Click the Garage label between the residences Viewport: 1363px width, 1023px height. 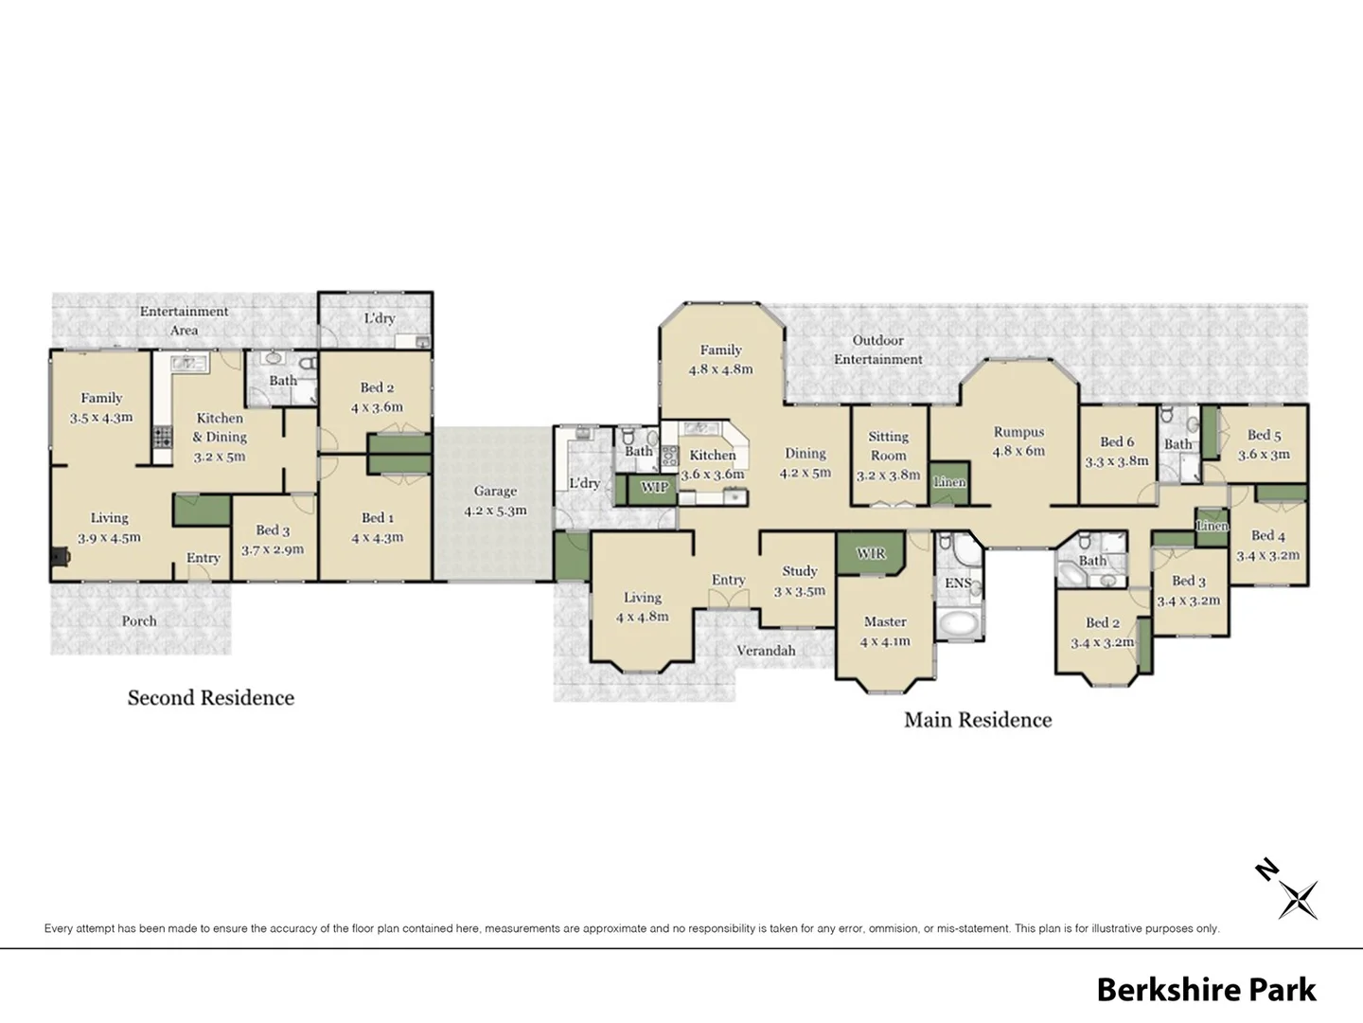(x=495, y=492)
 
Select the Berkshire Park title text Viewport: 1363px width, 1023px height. (x=1206, y=990)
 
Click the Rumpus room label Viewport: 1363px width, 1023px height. (x=1018, y=432)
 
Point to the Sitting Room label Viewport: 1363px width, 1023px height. (x=888, y=446)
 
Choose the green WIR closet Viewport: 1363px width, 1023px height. (x=870, y=553)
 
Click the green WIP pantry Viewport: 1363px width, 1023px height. (x=654, y=488)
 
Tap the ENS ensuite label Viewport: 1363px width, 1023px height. (x=957, y=583)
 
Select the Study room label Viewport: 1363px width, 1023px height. (x=799, y=571)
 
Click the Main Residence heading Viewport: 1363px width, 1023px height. (x=978, y=720)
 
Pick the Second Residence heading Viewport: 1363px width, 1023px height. (x=211, y=698)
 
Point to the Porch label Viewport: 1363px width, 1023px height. (x=139, y=621)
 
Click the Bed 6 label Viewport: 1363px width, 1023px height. (x=1117, y=442)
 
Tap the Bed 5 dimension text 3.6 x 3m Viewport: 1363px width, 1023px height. (x=1264, y=455)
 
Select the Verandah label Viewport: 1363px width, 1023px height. (x=766, y=651)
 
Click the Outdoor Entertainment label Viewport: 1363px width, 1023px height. (x=877, y=350)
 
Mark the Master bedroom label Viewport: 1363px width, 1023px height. (x=885, y=622)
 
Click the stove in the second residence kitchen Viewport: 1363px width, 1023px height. (x=163, y=438)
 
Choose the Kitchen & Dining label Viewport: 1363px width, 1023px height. (x=220, y=427)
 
